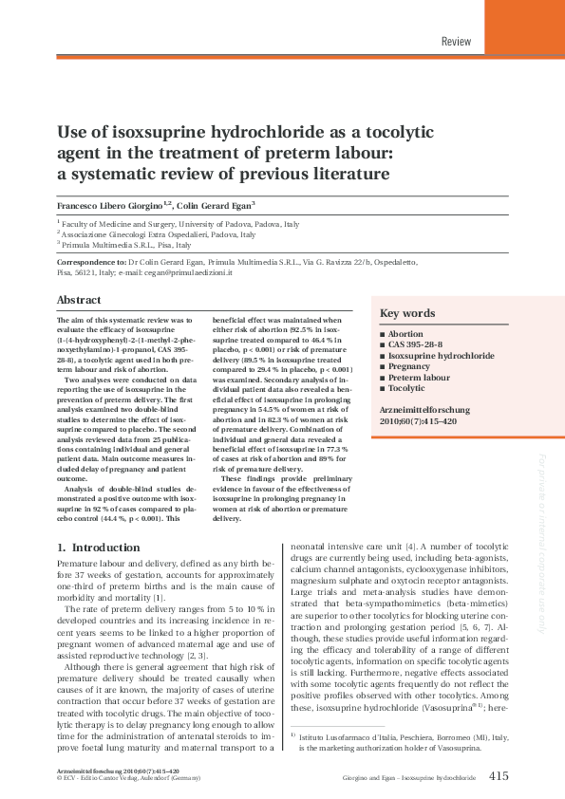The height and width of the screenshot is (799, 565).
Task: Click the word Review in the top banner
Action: point(456,41)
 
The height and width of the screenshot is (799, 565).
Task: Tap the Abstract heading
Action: point(79,299)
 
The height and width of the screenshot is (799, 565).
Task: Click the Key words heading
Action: point(407,314)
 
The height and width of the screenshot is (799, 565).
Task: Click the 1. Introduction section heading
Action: point(99,548)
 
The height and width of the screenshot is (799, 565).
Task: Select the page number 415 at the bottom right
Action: point(499,776)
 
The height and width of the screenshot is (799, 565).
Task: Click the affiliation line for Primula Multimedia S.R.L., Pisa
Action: point(123,244)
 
